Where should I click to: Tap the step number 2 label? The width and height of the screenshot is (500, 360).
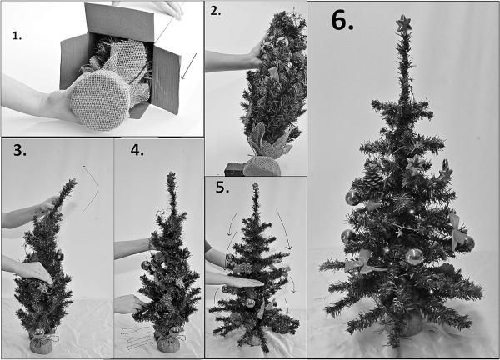coord(217,12)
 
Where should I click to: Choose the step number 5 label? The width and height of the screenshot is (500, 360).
coord(221,187)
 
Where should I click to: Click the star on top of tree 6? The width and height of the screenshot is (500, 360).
coord(404,21)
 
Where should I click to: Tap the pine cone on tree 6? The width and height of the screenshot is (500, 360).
coord(373,176)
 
